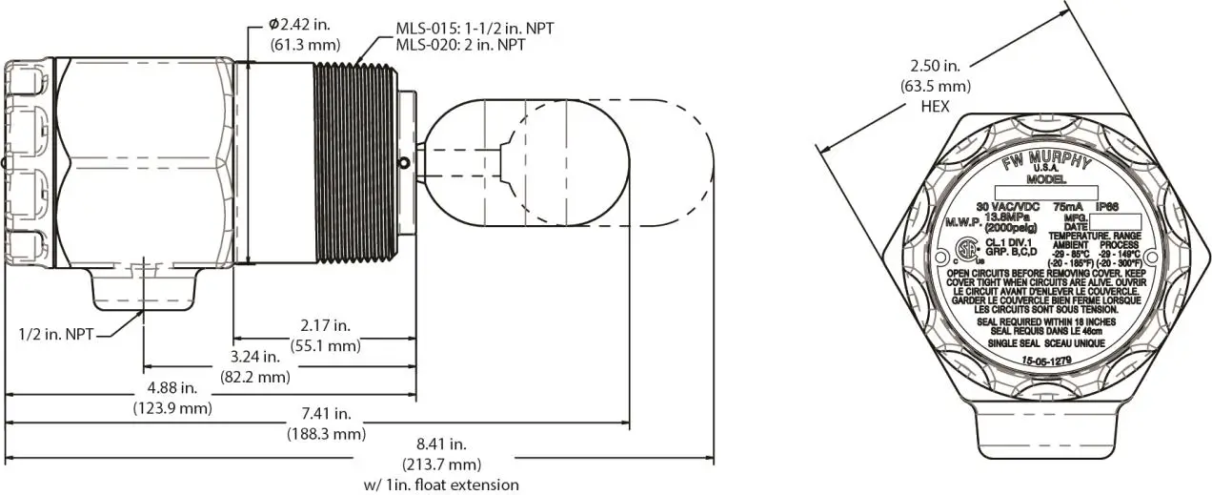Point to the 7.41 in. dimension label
326,414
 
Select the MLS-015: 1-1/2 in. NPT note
475,29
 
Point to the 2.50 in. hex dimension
935,68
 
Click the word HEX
935,107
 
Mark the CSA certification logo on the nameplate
969,252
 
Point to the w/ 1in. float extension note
441,485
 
